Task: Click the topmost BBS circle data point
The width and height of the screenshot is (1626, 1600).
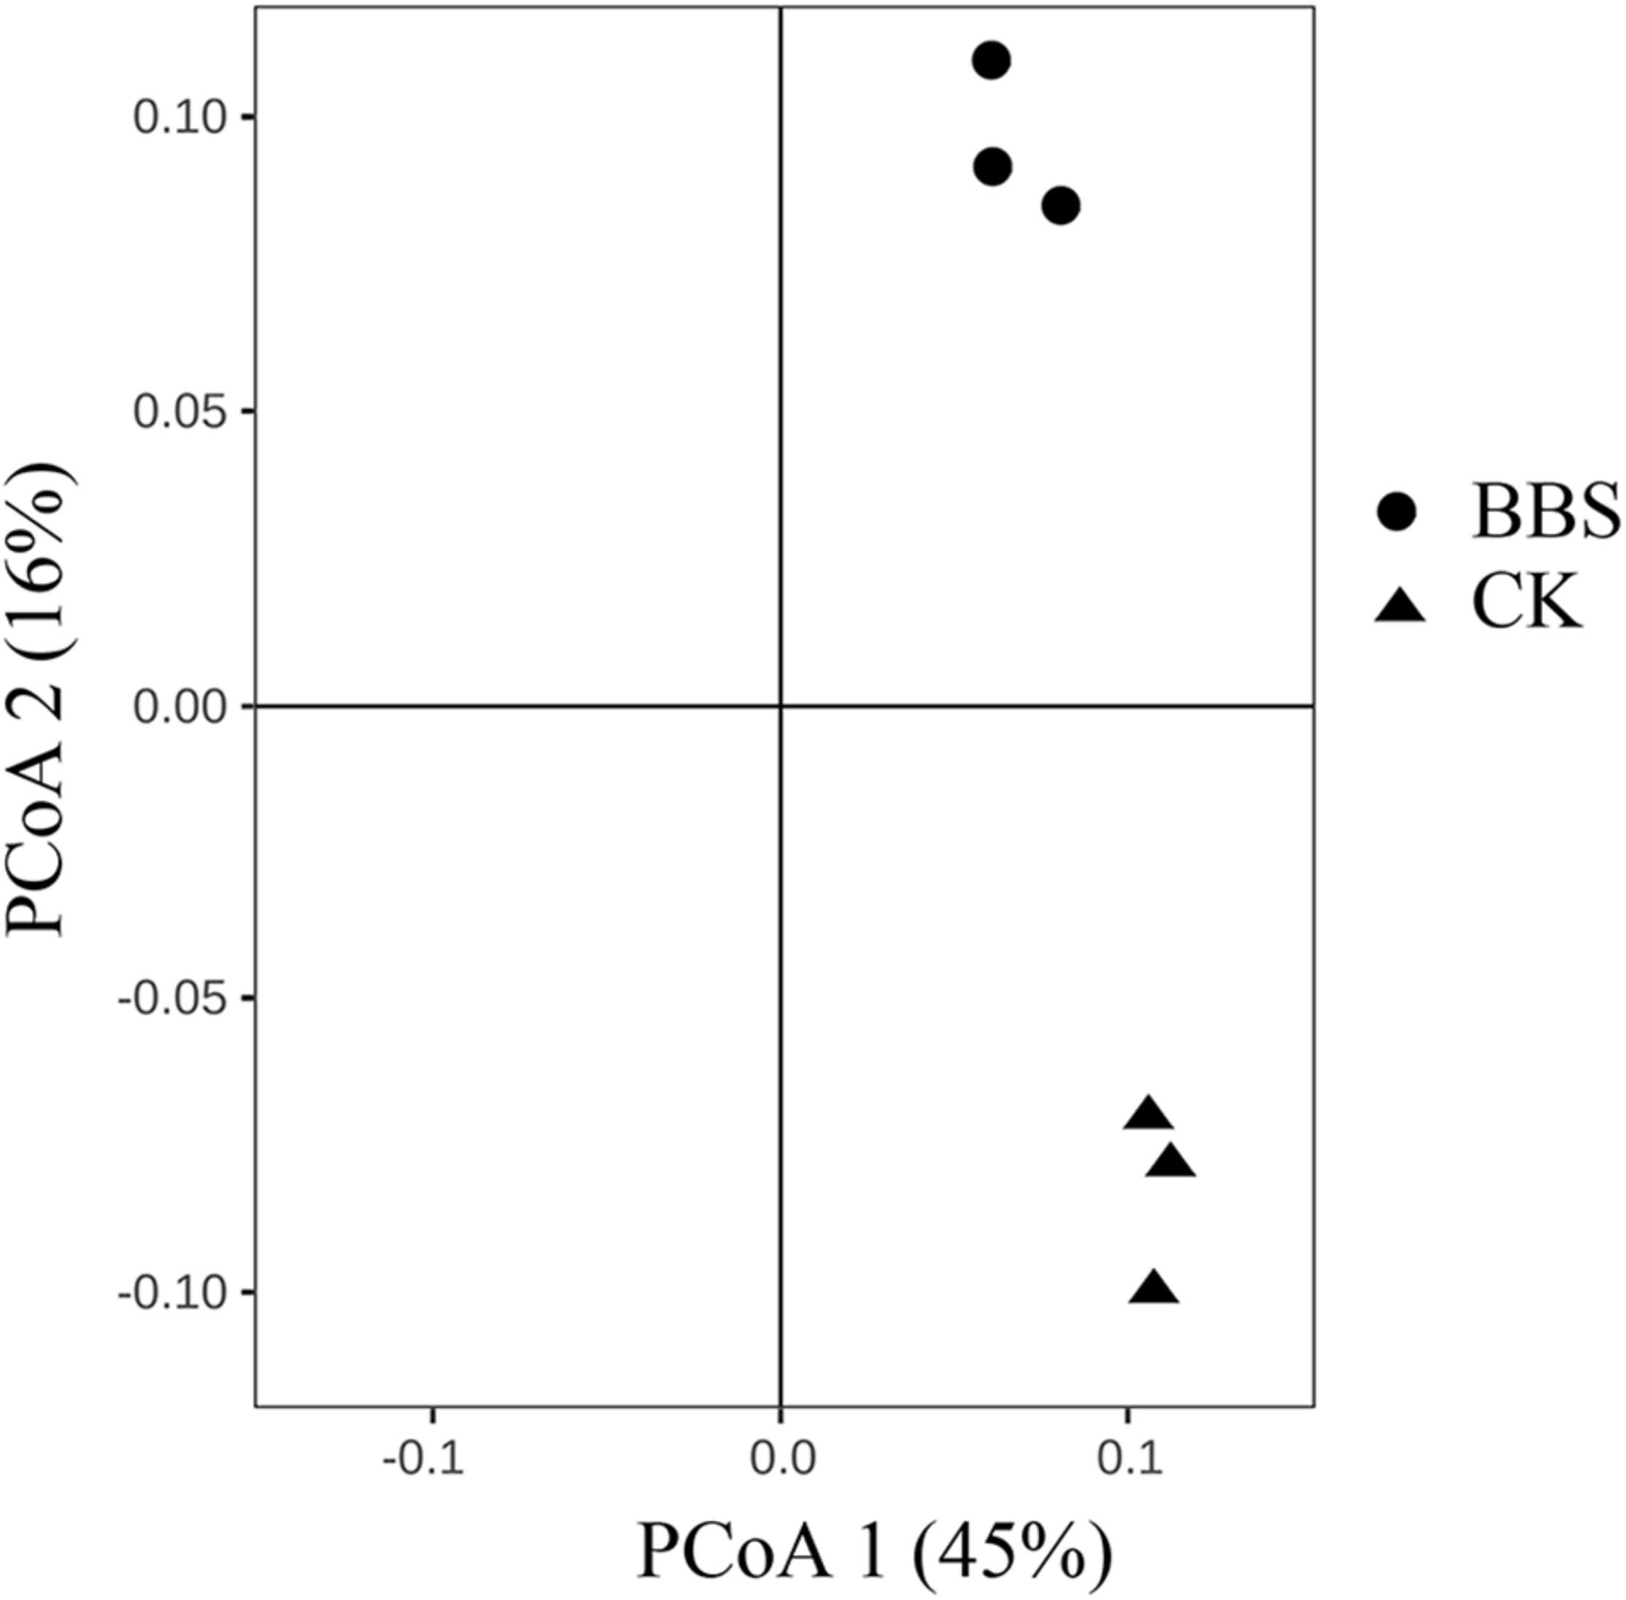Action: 992,61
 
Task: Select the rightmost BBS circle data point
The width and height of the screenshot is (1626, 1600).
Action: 1061,205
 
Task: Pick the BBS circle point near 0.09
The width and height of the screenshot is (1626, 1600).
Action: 992,167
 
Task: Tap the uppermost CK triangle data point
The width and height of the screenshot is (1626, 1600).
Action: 1148,1115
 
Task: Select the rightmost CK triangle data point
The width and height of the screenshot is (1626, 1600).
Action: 1171,1164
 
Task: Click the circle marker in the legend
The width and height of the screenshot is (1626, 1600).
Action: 1396,512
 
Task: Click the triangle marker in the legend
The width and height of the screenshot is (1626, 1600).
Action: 1400,606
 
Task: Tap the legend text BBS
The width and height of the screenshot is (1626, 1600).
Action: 1545,512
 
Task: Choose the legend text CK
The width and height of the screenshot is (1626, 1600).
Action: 1526,604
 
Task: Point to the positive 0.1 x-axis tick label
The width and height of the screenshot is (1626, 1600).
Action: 1129,1461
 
